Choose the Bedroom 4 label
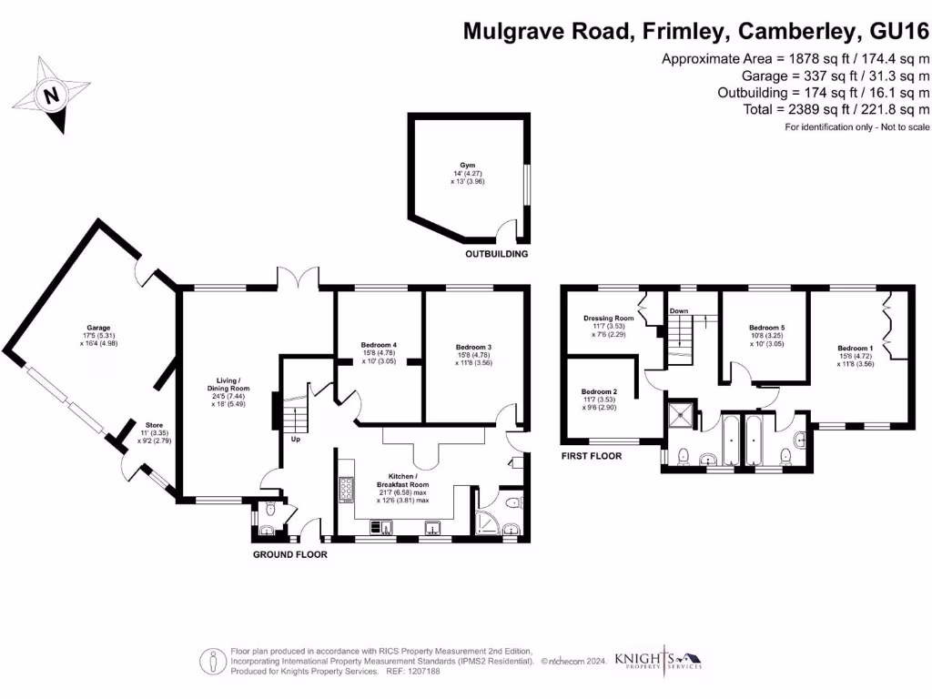379,345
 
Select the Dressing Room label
608,319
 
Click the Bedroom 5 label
765,328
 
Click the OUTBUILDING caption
496,254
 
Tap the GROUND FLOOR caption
289,554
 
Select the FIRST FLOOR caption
591,455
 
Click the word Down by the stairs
679,311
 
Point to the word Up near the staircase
296,440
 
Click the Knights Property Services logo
657,659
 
